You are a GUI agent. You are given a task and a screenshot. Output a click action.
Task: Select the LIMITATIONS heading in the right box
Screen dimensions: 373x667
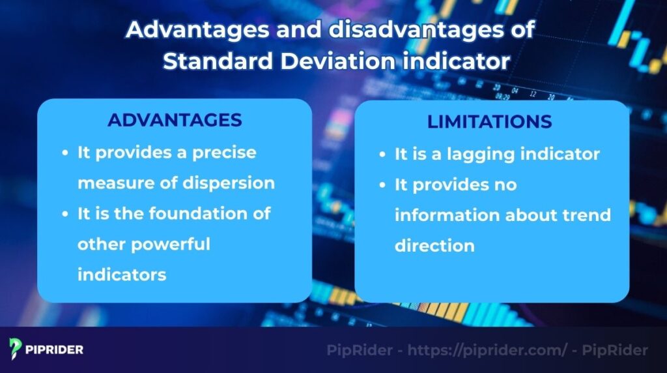click(x=489, y=122)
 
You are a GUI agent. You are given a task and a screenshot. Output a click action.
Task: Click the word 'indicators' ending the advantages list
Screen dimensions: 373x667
click(x=122, y=275)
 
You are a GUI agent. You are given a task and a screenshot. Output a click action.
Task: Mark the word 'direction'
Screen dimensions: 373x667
click(x=434, y=246)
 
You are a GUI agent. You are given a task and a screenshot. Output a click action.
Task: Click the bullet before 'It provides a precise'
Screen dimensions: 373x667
click(x=65, y=153)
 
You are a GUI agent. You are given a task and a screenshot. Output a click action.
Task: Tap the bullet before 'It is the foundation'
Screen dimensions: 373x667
click(x=65, y=214)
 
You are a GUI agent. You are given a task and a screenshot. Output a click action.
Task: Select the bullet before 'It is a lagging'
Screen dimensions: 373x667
click(x=383, y=155)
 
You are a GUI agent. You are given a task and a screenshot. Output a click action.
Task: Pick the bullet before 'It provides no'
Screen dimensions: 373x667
click(x=383, y=186)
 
